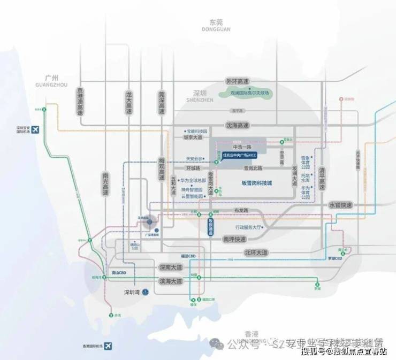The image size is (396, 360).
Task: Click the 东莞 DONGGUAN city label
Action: (216, 25)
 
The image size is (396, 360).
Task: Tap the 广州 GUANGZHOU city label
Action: (52, 80)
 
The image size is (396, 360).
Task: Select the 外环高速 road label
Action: (237, 81)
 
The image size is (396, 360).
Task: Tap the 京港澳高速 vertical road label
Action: (80, 102)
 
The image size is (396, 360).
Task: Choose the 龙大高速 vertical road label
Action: (128, 102)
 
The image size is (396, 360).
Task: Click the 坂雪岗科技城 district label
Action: (254, 183)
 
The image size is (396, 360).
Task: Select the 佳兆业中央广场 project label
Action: (240, 155)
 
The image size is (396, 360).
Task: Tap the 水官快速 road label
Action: (340, 204)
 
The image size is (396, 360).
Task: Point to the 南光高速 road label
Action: (105, 184)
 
